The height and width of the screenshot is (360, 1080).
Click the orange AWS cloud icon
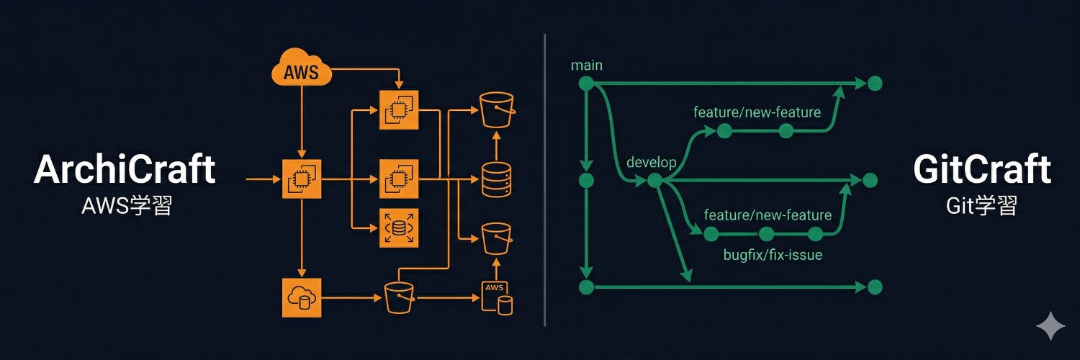tap(301, 71)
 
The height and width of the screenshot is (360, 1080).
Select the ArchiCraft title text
tap(125, 171)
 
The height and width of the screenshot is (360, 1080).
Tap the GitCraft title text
tap(981, 171)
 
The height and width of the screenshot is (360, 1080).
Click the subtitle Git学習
tap(981, 207)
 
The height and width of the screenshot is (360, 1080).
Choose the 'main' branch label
tap(586, 66)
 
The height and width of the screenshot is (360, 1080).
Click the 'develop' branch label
tap(652, 162)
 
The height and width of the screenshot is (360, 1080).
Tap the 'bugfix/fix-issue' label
tap(773, 255)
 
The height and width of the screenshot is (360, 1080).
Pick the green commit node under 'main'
tap(586, 84)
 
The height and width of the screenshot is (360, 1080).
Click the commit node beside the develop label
tap(654, 180)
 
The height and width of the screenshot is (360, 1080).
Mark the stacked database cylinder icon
tap(497, 179)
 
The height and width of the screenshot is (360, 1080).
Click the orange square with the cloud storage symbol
tap(301, 296)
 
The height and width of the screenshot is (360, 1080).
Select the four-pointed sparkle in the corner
tap(1050, 326)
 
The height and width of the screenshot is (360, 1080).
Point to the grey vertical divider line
tap(545, 180)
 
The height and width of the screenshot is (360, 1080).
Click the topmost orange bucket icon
tap(496, 109)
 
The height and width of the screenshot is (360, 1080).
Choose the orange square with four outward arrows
tap(398, 228)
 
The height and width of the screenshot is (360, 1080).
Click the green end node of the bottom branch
tap(875, 287)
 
